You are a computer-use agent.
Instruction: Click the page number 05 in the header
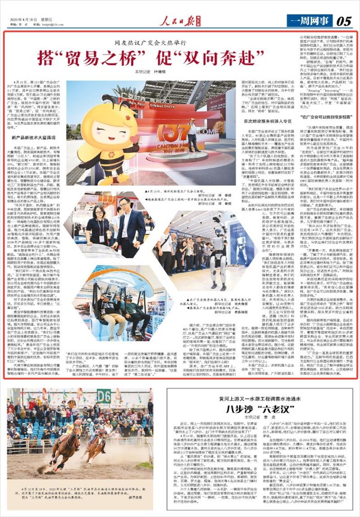pyautogui.click(x=344, y=20)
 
